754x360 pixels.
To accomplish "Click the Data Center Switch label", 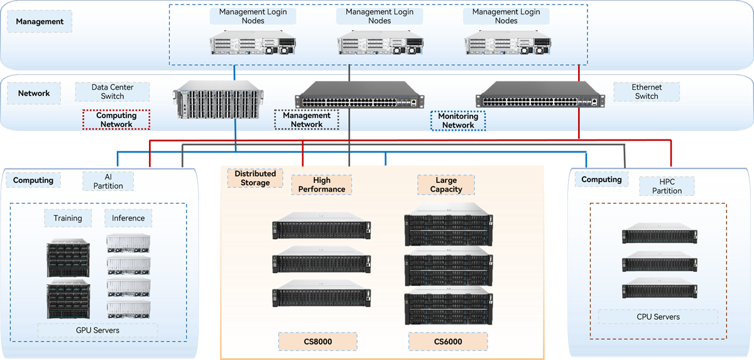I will pos(112,92).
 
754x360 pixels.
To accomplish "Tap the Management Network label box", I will pos(307,119).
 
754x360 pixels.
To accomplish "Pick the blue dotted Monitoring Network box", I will pos(458,120).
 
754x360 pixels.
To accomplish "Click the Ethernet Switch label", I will pos(647,92).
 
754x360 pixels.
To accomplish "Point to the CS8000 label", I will pos(317,342).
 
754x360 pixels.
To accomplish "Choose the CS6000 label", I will pos(448,342).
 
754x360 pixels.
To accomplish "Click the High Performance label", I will pos(322,185).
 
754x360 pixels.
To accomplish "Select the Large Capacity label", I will pos(446,185).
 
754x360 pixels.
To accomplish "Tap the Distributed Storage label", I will pos(255,178).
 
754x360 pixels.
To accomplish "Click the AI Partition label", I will pos(108,181).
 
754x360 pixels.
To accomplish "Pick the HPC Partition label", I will pos(667,186).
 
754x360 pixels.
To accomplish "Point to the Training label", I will pos(68,218).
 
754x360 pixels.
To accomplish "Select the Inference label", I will pos(128,218).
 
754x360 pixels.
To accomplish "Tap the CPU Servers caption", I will pos(658,317).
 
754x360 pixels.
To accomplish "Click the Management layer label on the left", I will pos(40,21).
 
